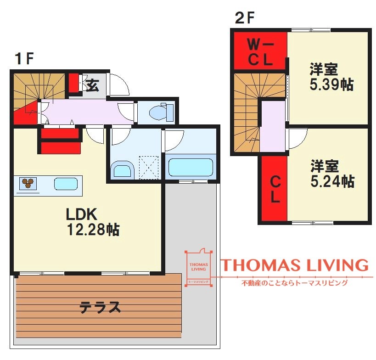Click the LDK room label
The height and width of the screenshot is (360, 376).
(82, 214)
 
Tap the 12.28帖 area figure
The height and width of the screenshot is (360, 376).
(93, 230)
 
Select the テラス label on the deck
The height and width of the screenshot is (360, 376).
(100, 308)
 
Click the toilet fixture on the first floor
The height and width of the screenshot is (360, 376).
(161, 112)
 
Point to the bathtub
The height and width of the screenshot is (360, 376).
(191, 167)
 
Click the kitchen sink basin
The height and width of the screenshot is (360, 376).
(66, 184)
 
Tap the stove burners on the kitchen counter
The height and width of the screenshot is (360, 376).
(28, 184)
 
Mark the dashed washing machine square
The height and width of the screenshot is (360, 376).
(149, 168)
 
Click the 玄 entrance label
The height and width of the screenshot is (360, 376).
(92, 85)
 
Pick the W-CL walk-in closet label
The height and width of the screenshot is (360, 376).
(260, 52)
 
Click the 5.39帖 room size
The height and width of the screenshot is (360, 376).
(331, 84)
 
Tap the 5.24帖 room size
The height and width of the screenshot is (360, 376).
(332, 181)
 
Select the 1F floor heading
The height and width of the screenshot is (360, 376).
(24, 58)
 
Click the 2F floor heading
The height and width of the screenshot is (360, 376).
(245, 18)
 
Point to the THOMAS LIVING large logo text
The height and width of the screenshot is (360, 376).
(294, 265)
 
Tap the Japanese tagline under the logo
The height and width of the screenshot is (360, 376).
(294, 283)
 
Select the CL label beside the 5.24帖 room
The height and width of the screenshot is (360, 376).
(275, 190)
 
